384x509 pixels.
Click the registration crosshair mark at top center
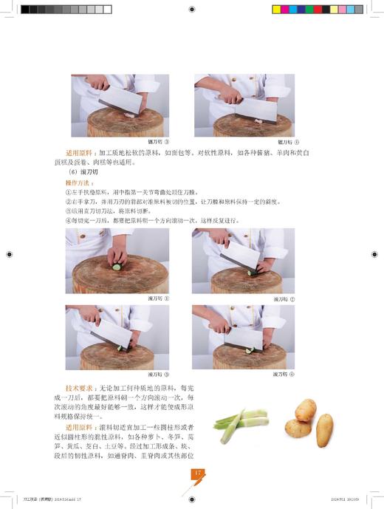click(x=192, y=10)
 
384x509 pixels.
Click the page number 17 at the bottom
click(x=198, y=473)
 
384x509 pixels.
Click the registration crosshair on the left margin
click(x=9, y=253)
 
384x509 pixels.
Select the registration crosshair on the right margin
click(x=375, y=253)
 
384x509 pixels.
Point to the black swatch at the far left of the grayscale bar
click(x=25, y=10)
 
